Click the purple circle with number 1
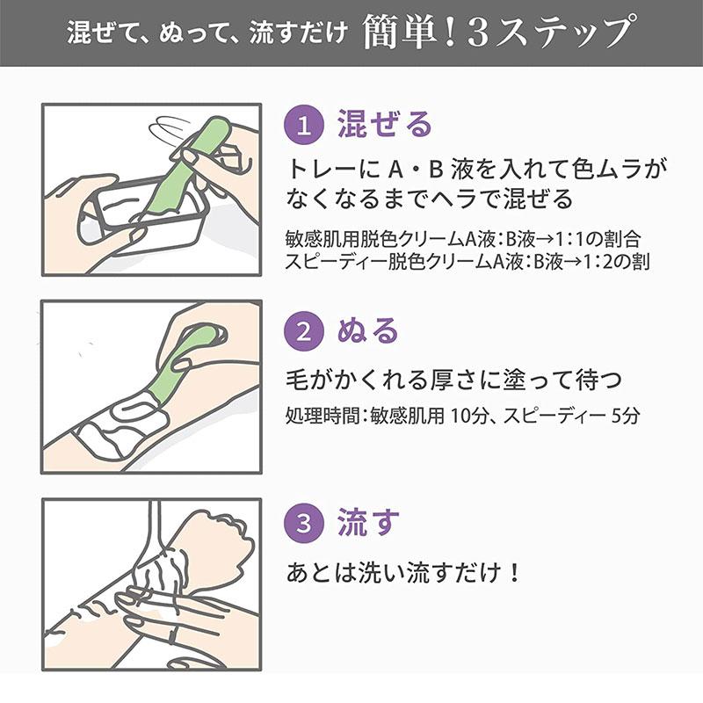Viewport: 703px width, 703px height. (x=304, y=125)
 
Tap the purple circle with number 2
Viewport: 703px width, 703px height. (x=304, y=332)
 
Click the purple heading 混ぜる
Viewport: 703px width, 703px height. (x=385, y=125)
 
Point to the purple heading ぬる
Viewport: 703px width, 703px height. (x=368, y=332)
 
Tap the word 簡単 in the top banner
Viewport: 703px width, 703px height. (x=400, y=34)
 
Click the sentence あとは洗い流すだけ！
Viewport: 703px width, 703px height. (x=404, y=573)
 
